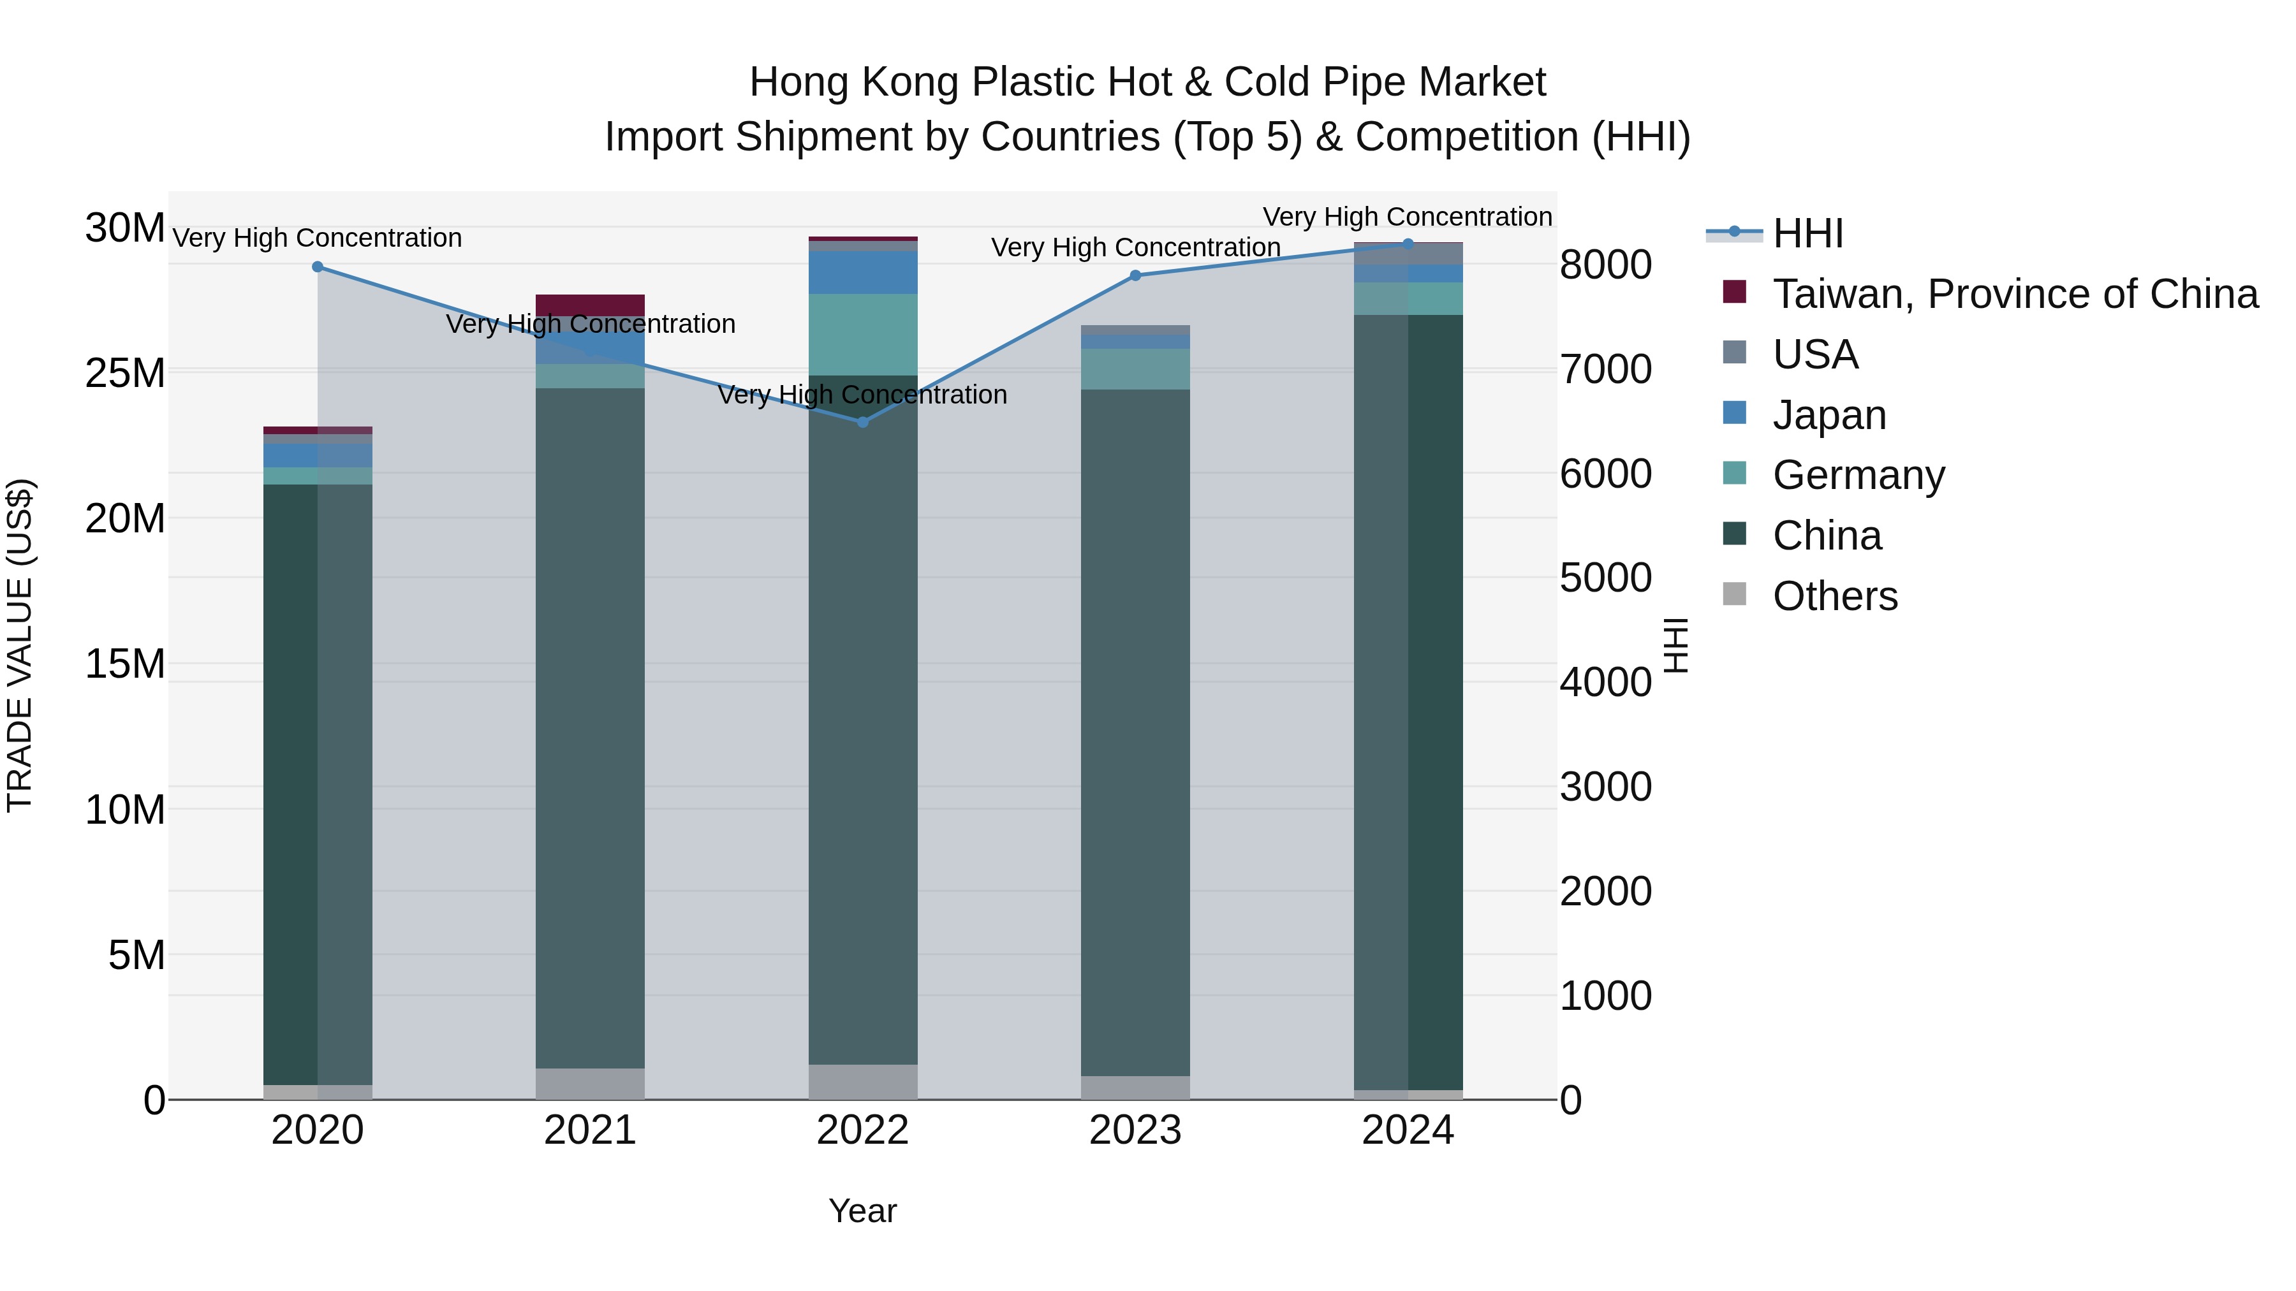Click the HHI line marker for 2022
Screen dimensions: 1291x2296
click(862, 422)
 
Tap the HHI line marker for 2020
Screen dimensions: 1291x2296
click(318, 267)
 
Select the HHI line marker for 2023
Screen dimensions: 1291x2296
click(1135, 276)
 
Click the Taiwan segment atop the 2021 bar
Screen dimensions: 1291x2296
click(590, 305)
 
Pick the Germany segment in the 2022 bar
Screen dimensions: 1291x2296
click(862, 334)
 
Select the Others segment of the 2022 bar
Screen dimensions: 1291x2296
click(862, 1082)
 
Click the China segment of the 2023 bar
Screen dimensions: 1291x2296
click(1135, 731)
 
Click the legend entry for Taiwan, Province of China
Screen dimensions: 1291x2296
click(2014, 294)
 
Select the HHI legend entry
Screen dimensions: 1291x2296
click(1807, 233)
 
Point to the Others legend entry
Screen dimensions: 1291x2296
click(1834, 596)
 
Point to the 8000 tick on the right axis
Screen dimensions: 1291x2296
click(1605, 265)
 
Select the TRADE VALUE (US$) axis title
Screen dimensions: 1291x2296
click(20, 645)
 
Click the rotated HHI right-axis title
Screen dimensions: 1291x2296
click(1675, 645)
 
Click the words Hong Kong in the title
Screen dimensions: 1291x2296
click(856, 82)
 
